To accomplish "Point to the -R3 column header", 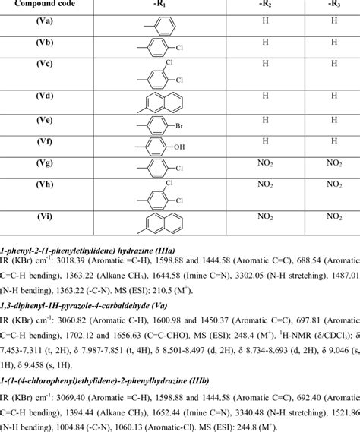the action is click(x=327, y=5).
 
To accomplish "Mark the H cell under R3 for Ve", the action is click(x=327, y=118).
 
